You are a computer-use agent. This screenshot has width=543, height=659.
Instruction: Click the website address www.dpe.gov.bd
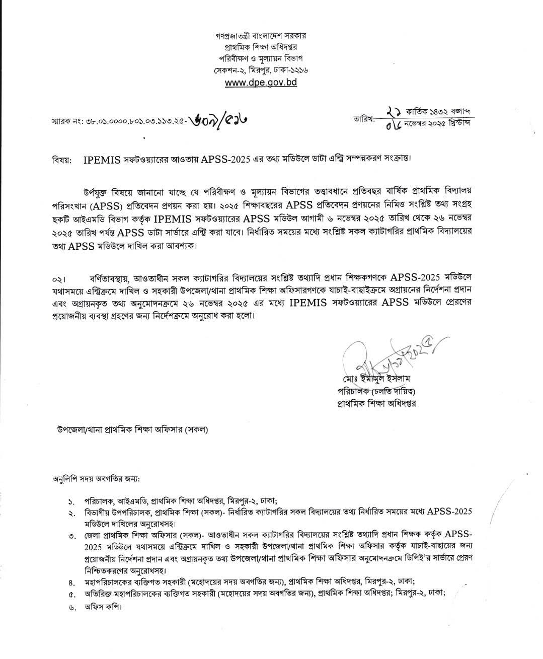point(261,82)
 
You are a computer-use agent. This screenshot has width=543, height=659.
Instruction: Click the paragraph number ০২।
point(59,279)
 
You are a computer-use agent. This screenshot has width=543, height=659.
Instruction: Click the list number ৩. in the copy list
point(71,536)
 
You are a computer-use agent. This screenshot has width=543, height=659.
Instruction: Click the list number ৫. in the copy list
point(71,594)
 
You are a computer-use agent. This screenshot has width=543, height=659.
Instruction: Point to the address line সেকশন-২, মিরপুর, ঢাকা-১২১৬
point(260,70)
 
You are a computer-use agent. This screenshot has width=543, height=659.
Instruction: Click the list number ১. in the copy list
point(71,501)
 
